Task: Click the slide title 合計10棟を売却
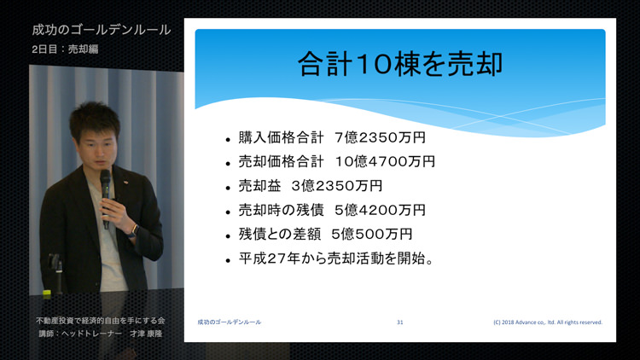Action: point(400,64)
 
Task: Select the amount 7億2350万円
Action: point(380,137)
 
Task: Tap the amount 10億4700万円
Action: point(385,161)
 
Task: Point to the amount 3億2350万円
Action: point(337,186)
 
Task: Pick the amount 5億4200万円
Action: point(380,210)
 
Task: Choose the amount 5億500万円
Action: point(372,234)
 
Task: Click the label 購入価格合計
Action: point(282,137)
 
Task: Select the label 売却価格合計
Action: point(282,161)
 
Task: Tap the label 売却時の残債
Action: point(282,210)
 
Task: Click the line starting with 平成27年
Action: point(336,258)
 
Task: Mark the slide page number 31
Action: point(400,322)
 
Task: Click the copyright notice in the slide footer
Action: point(548,322)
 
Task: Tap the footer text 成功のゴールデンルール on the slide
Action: point(230,322)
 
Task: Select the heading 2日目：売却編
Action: point(65,49)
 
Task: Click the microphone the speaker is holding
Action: point(106,198)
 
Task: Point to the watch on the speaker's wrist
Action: point(132,230)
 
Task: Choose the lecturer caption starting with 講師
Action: point(101,334)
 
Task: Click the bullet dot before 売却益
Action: point(228,189)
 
